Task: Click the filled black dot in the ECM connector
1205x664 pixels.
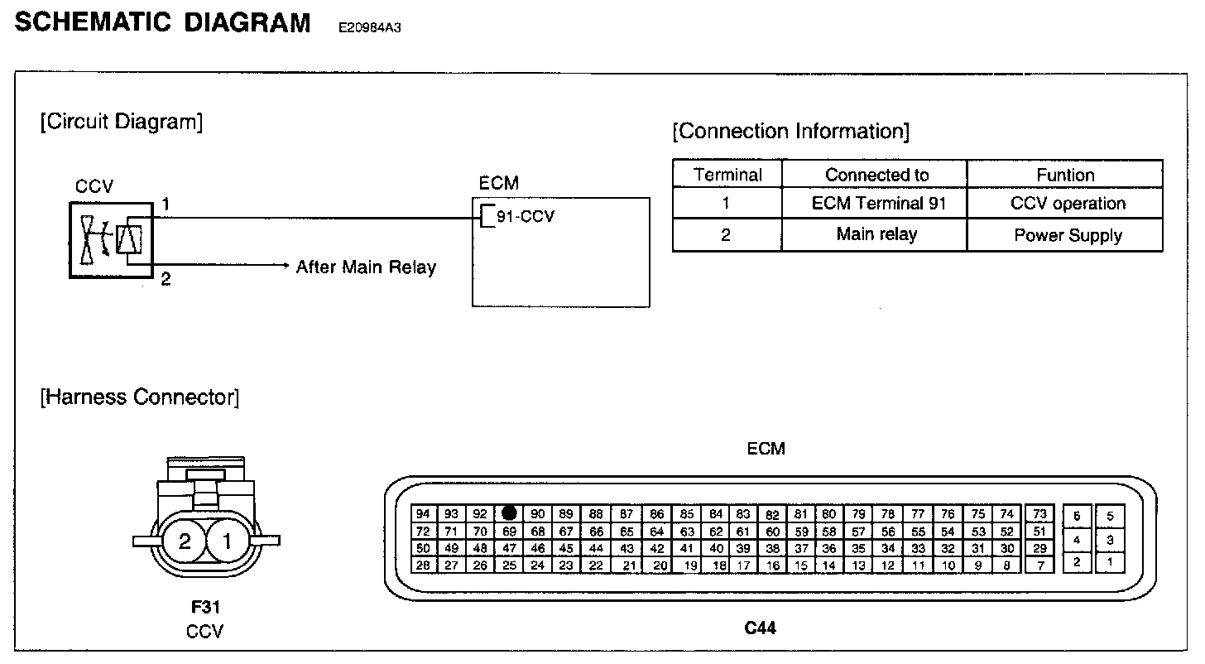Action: pos(510,513)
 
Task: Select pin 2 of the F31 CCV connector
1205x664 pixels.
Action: pos(184,542)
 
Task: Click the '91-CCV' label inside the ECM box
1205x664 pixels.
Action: pos(525,217)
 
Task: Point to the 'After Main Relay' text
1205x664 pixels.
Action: pos(366,267)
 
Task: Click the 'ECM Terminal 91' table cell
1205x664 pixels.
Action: pos(876,204)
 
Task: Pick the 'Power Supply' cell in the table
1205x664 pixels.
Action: pos(1068,235)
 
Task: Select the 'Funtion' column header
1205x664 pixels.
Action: pos(1065,175)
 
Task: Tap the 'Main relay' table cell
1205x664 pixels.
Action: pos(876,234)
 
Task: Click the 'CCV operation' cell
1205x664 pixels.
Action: pos(1068,204)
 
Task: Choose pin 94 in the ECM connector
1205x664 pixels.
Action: pos(423,513)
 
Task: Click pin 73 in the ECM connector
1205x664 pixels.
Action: pos(1040,514)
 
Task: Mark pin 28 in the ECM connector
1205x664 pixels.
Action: pos(423,565)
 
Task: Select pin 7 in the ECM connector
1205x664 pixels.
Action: pos(1040,565)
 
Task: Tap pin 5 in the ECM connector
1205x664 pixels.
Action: pos(1110,516)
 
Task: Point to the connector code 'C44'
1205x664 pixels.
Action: pos(760,628)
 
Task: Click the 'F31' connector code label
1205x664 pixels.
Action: pos(204,607)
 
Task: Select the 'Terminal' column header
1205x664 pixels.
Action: pos(727,175)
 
